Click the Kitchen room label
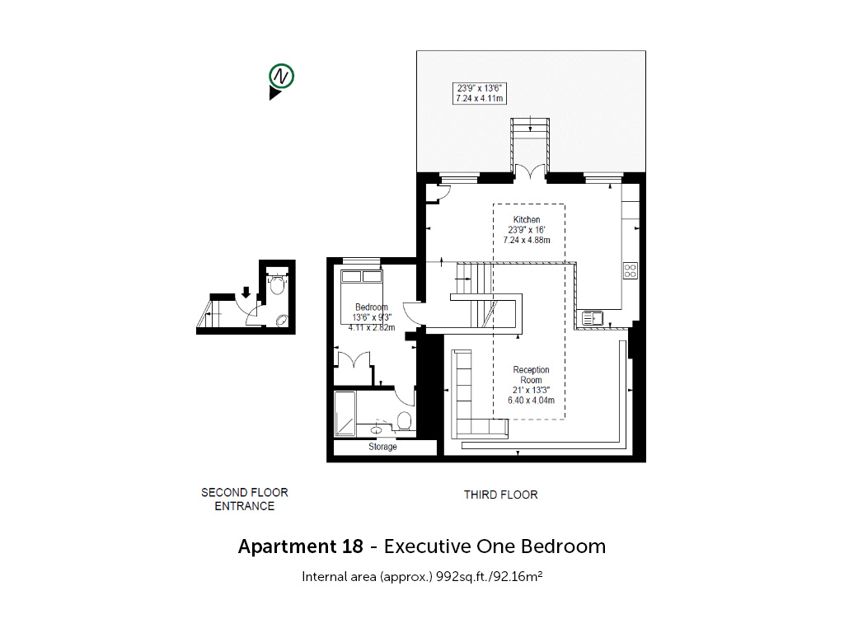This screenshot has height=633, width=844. [x=527, y=219]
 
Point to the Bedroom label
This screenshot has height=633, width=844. [x=372, y=307]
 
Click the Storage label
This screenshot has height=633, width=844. [x=382, y=447]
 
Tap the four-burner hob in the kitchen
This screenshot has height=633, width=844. [x=631, y=270]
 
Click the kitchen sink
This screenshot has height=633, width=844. [x=592, y=319]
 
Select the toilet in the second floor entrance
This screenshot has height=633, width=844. [x=277, y=283]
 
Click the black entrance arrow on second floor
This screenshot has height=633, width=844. [x=246, y=293]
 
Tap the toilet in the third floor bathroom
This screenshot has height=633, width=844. [x=404, y=421]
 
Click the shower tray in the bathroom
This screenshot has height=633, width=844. [x=345, y=414]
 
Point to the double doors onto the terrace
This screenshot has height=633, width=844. [x=530, y=171]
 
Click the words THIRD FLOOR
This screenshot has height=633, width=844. [x=501, y=495]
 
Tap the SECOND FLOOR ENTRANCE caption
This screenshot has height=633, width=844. [x=245, y=499]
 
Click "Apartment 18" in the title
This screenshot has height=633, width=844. [x=301, y=546]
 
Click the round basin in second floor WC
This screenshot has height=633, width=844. [x=282, y=321]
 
